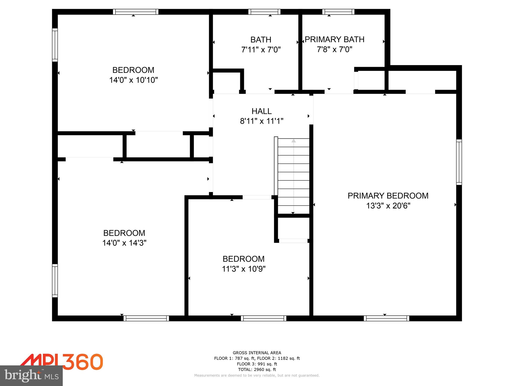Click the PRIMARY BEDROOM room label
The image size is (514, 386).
coord(388,196)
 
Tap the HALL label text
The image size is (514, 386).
coord(262,111)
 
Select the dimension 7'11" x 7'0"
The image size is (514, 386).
coord(261,50)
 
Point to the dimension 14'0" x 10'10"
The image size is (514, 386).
coord(133,80)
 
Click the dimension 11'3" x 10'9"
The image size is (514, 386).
coord(243,269)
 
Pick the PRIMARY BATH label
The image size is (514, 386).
coord(334,39)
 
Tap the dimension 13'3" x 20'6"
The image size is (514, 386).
coord(388,206)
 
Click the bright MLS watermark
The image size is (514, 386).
coord(31,375)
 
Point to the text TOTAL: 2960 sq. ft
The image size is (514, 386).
coord(257,369)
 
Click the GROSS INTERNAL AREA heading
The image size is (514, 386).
coord(257,353)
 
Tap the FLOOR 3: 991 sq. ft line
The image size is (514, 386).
coord(257,364)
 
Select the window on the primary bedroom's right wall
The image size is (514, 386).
coord(459,162)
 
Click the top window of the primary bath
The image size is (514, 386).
coord(338,12)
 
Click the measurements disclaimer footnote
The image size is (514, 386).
coord(257,375)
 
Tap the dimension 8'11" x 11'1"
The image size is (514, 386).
coord(262,121)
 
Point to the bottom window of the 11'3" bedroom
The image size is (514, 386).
coord(264,318)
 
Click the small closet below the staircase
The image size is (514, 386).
coord(293,228)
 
